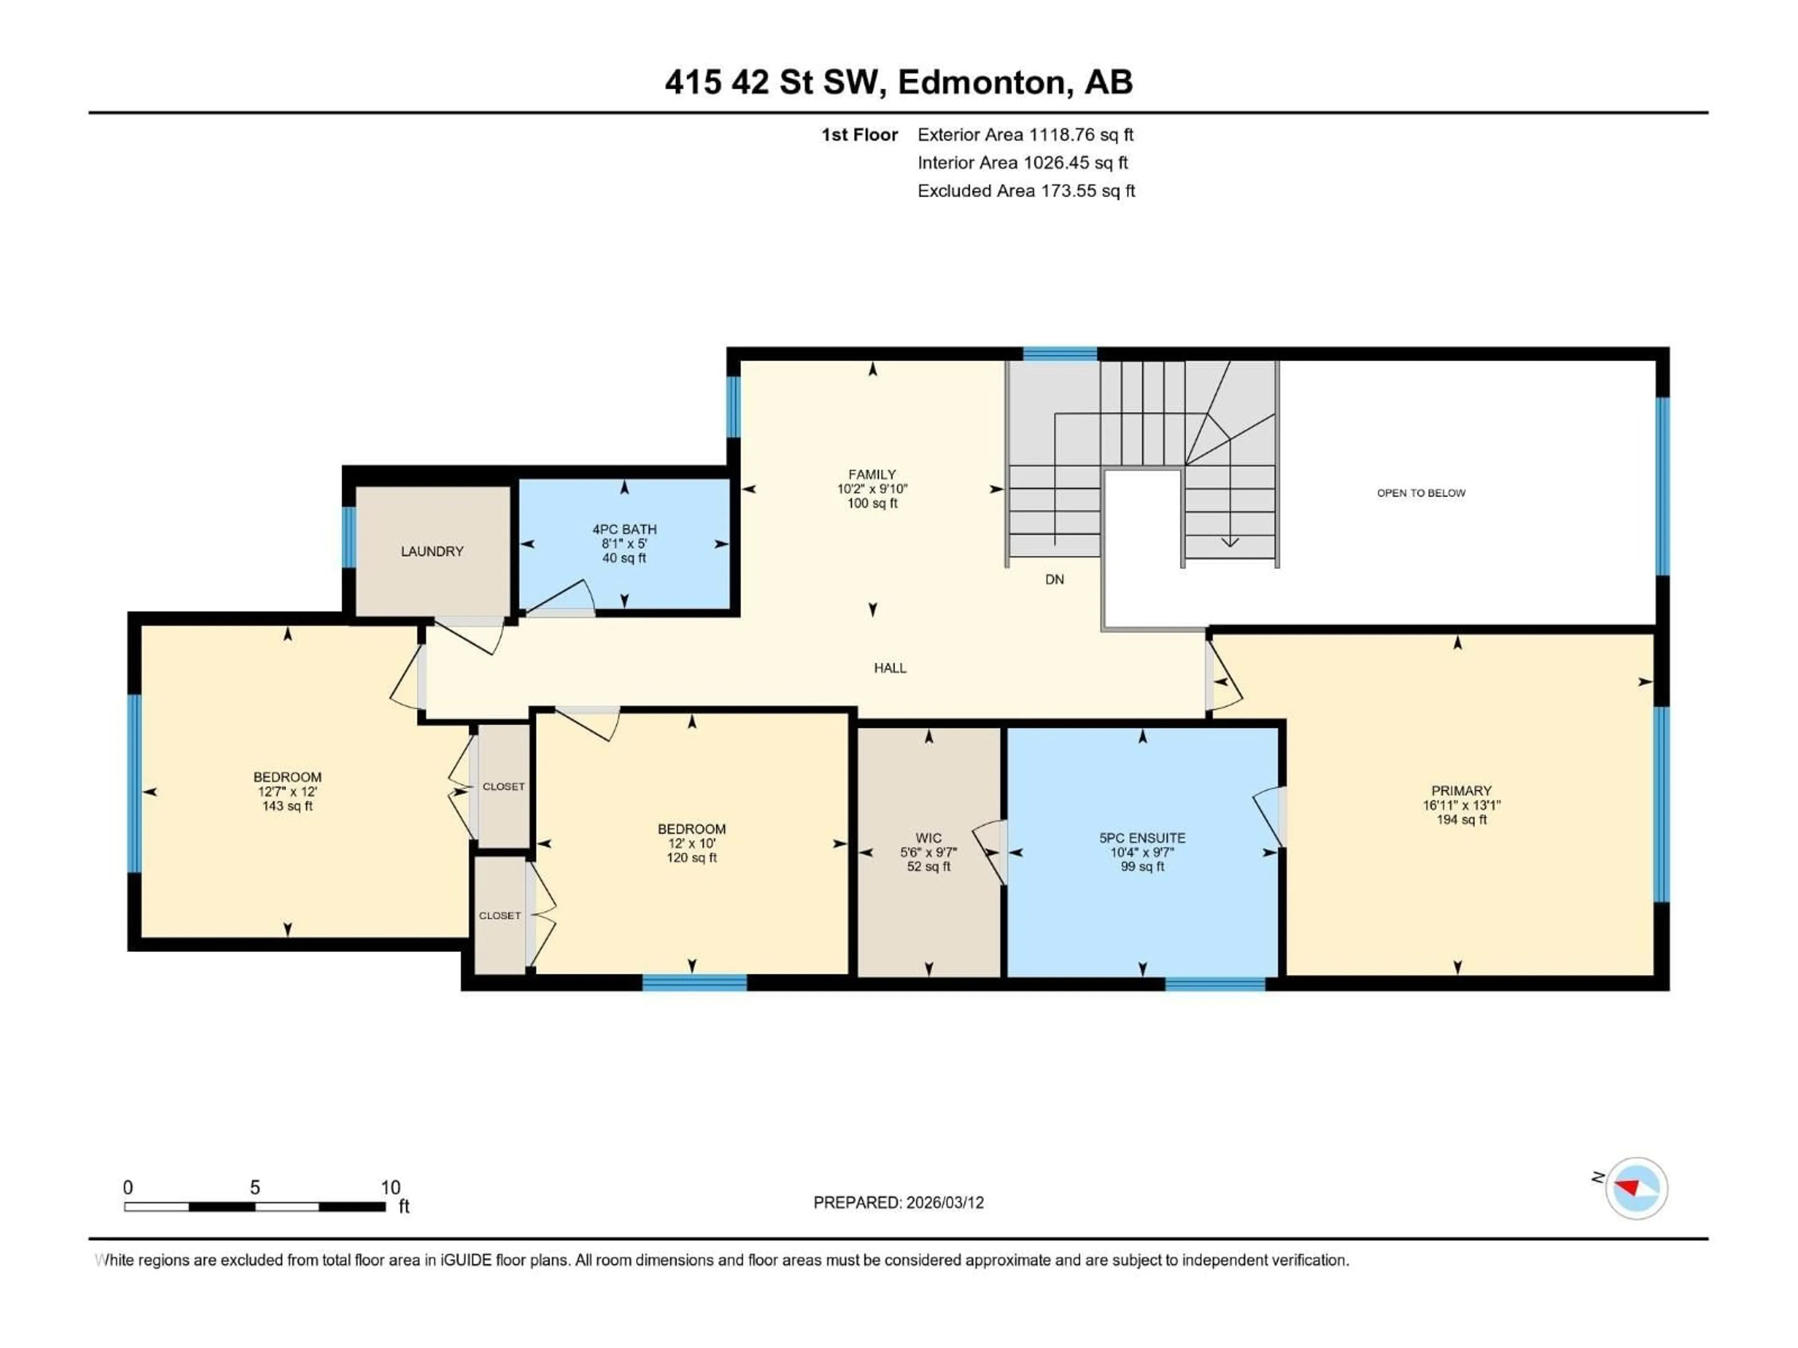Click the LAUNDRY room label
tap(432, 552)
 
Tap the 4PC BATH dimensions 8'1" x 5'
tap(624, 543)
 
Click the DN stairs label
tap(1054, 579)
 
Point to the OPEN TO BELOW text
tap(1421, 493)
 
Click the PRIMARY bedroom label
tap(1461, 791)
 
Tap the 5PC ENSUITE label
tap(1142, 838)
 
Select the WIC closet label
tap(928, 838)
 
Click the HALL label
tap(890, 668)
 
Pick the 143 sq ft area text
tap(287, 806)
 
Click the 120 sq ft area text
tap(692, 858)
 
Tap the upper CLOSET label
tap(504, 786)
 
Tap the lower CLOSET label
tap(500, 916)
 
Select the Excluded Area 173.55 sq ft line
tap(1026, 191)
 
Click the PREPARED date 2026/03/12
tap(898, 1202)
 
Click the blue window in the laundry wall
tap(349, 537)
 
